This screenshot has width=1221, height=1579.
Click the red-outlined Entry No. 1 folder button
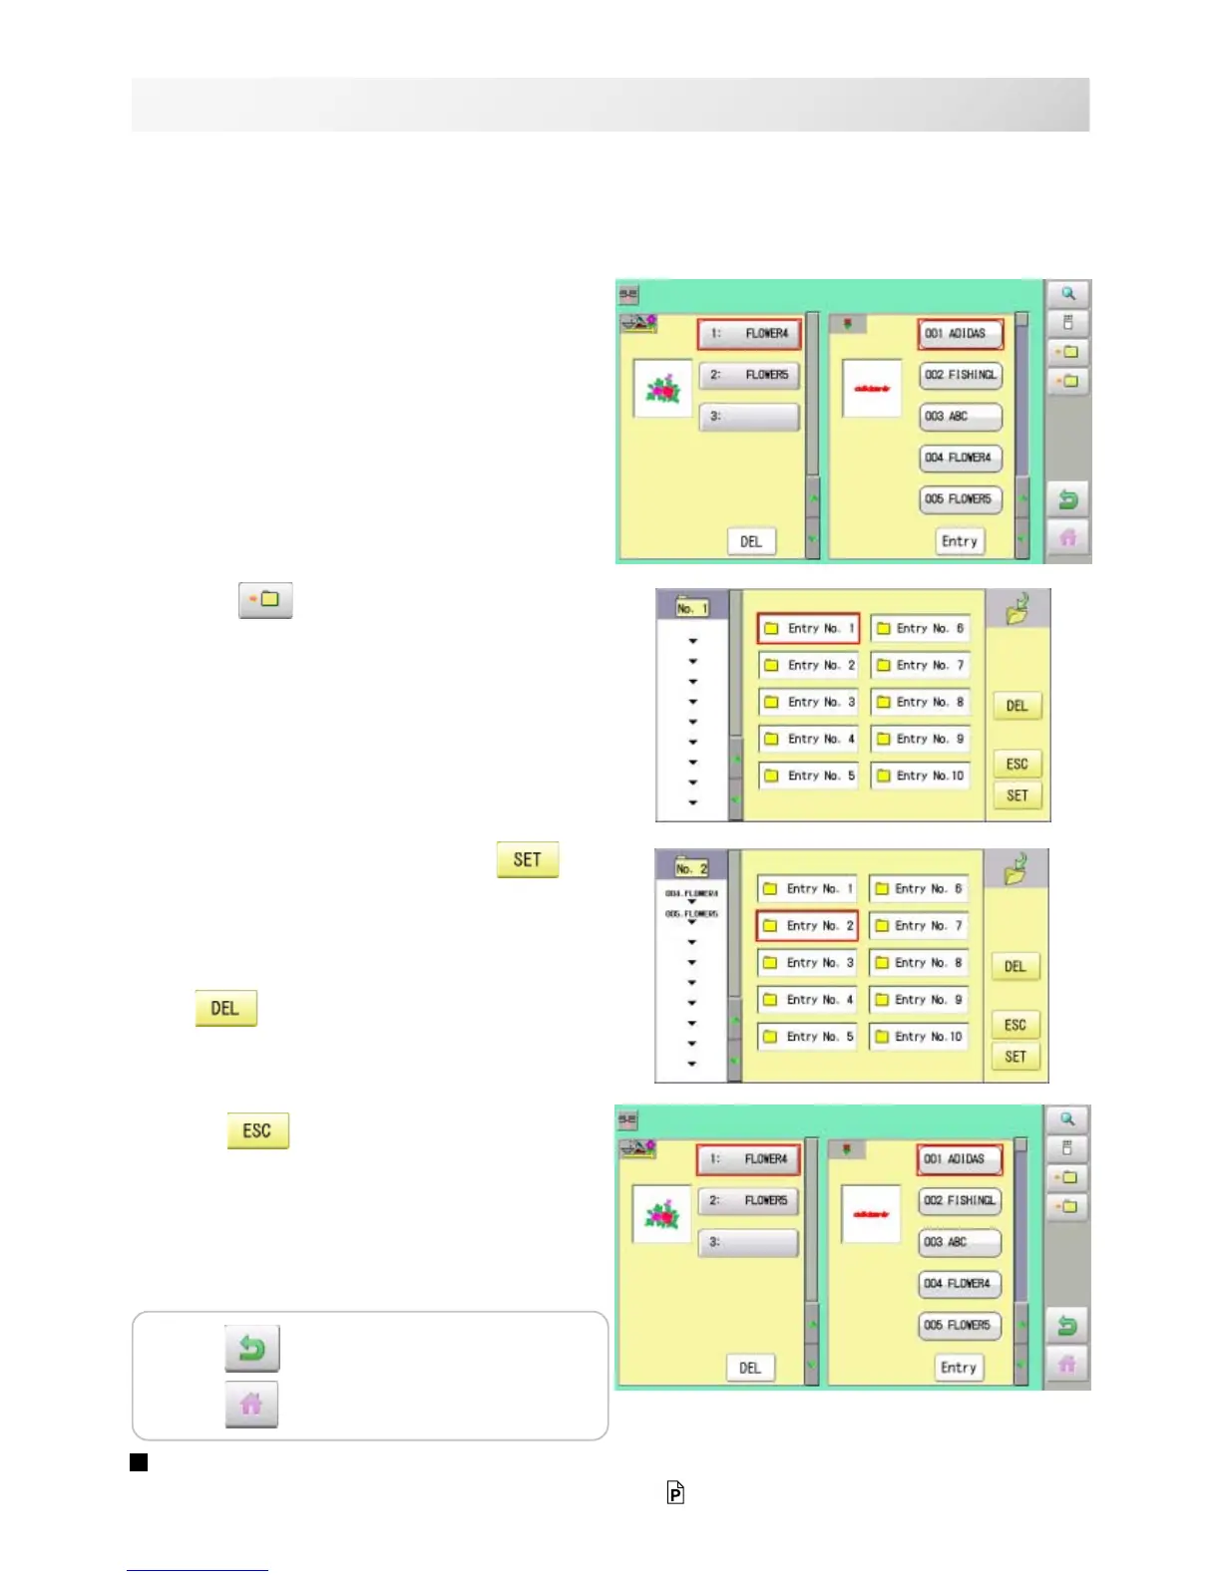808,629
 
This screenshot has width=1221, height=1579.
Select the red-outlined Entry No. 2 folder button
807,926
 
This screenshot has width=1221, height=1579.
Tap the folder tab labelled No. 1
691,607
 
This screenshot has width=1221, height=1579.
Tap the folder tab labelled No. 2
690,867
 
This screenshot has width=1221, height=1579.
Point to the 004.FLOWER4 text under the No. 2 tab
691,894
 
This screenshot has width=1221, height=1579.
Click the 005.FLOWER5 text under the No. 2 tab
691,914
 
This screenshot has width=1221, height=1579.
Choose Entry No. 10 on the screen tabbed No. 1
920,776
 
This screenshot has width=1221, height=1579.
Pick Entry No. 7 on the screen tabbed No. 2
918,926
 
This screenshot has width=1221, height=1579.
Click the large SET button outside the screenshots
528,860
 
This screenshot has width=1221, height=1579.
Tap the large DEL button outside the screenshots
225,1009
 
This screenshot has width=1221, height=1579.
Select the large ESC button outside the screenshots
257,1131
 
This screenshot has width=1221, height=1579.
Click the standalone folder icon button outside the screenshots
265,601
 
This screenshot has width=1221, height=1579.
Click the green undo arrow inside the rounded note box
252,1349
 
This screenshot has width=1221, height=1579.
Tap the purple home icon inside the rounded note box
251,1405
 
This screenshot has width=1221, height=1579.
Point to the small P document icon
675,1492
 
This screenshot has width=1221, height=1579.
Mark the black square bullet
139,1462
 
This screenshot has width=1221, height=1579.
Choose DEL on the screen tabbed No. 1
1017,706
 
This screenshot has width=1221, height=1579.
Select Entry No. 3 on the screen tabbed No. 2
807,963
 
